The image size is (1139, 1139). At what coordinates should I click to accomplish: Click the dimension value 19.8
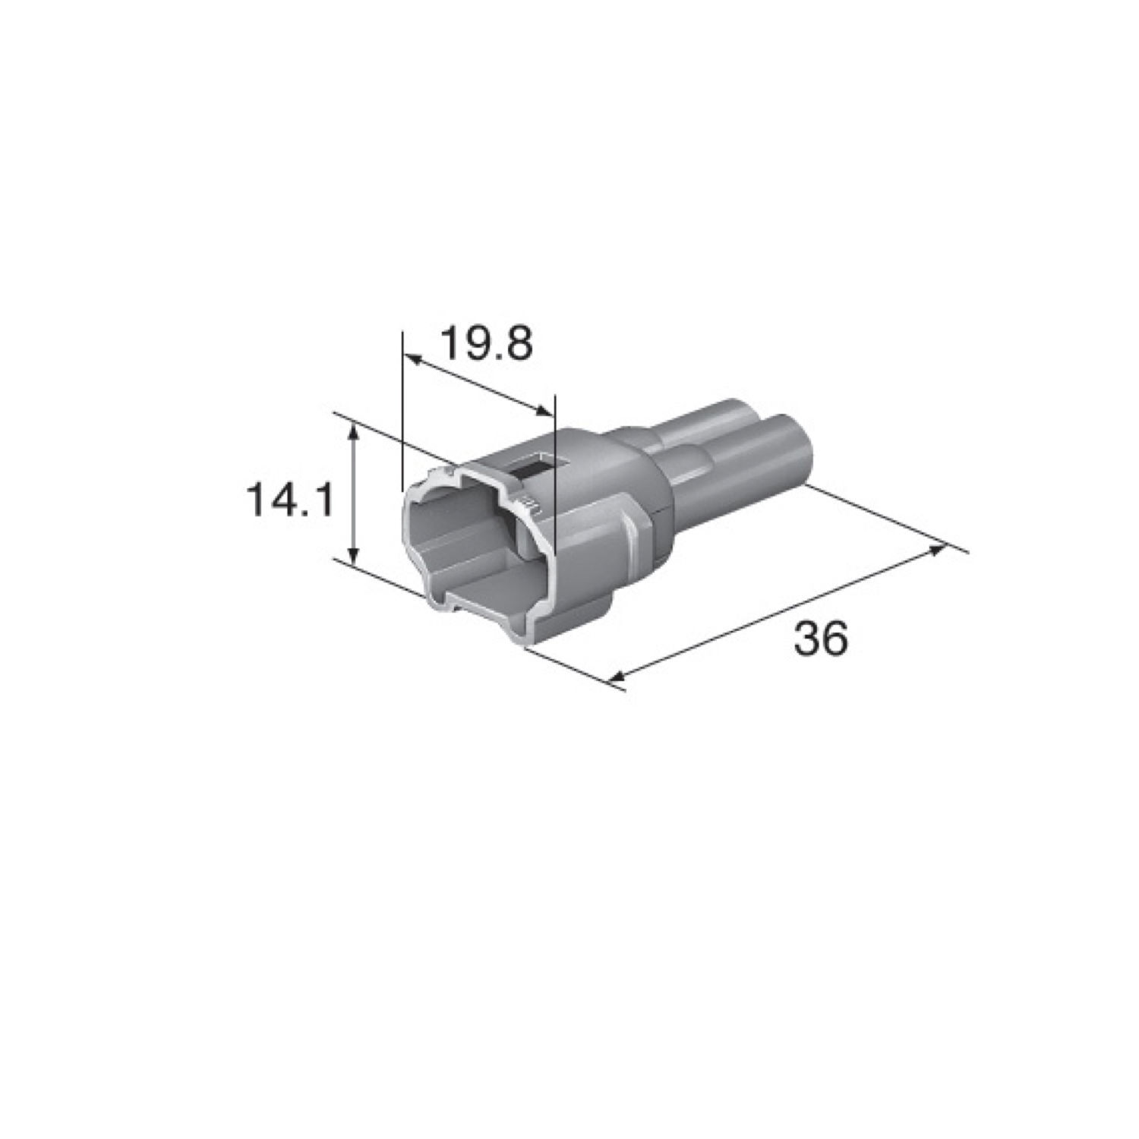pos(487,344)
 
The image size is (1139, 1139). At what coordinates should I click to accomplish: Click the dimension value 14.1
pos(289,501)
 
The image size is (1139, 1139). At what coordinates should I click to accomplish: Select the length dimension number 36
pos(820,639)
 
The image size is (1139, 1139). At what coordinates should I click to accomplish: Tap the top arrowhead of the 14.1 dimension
pos(352,431)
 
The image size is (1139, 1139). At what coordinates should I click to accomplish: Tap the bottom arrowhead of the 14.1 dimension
pos(352,558)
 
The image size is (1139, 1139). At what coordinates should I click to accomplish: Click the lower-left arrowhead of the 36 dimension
pos(617,677)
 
